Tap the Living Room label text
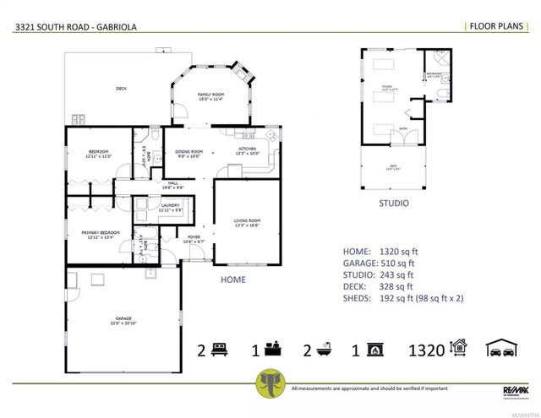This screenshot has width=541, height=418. (247, 222)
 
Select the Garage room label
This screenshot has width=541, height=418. (123, 320)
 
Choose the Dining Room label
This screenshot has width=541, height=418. (188, 154)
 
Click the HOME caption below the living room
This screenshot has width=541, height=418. (233, 279)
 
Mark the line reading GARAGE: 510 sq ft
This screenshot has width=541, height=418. (379, 263)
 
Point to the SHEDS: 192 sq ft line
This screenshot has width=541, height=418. (404, 298)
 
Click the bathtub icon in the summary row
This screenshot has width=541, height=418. (327, 349)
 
